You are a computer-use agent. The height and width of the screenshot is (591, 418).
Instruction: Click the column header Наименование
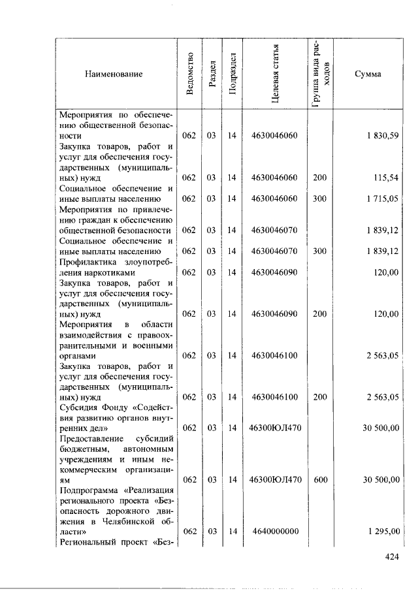[114, 74]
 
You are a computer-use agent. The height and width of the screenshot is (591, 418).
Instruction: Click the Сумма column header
[368, 74]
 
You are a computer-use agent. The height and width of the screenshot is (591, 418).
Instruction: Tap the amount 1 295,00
[381, 532]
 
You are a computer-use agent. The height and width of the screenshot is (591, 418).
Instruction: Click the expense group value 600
[319, 479]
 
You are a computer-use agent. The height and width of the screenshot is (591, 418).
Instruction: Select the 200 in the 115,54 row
[319, 178]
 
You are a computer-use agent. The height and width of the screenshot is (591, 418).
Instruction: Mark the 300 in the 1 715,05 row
[319, 199]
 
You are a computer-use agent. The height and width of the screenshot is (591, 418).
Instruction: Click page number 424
[391, 557]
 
